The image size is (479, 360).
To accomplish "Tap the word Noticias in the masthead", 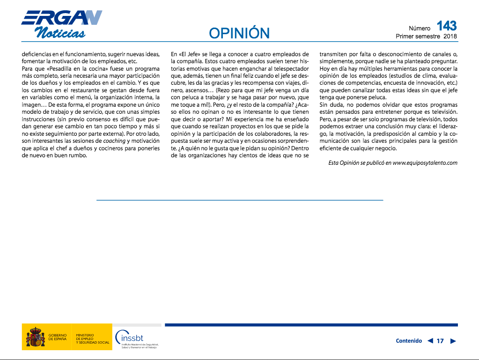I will coord(60,33).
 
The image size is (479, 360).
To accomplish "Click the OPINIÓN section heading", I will coord(239,33).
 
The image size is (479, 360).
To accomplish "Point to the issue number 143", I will coord(446,25).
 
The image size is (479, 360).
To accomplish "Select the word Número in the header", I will coord(420,28).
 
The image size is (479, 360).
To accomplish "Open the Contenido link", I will coord(409,341).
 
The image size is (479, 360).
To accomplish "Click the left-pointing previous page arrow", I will coord(430,341).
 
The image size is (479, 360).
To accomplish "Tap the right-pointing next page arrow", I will coord(453,341).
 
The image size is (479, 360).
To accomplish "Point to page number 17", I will coord(440,341).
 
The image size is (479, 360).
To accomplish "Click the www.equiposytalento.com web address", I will coord(425,163).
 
